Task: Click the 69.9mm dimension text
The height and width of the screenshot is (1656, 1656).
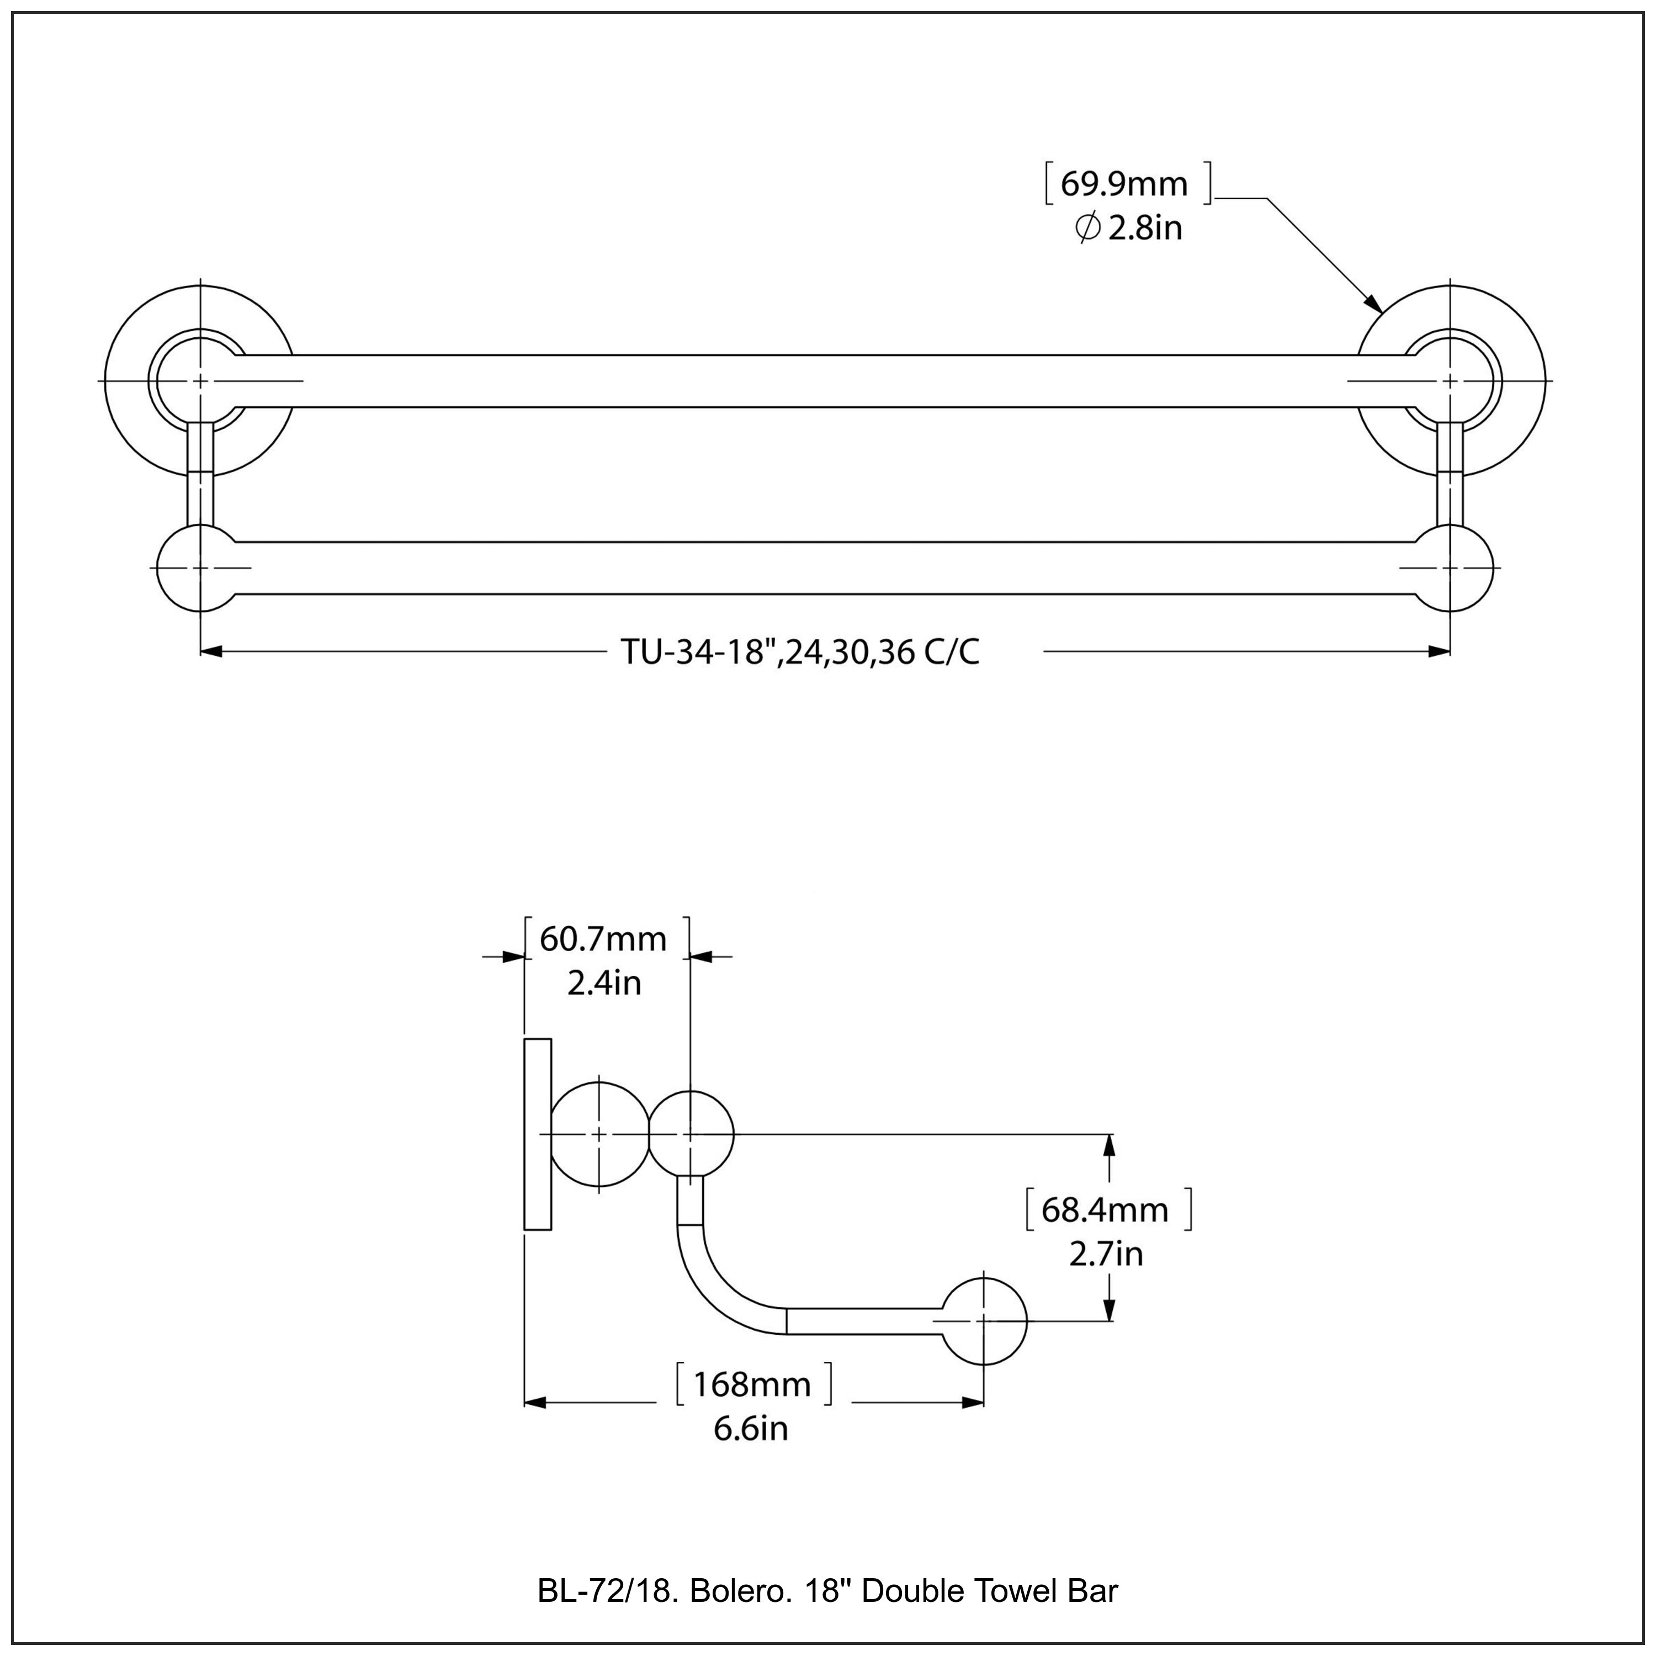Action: coord(1124,184)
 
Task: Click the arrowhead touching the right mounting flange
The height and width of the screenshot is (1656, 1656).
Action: coord(1372,304)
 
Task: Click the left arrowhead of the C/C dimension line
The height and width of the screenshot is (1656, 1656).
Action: coord(212,651)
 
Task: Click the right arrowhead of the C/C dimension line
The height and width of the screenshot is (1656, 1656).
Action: coord(1439,651)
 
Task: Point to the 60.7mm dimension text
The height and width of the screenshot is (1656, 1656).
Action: coord(603,940)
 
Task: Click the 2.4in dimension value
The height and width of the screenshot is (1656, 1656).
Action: coord(604,983)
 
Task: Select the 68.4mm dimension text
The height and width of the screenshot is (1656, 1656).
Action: coord(1105,1209)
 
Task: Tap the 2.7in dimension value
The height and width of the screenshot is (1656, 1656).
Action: coord(1106,1254)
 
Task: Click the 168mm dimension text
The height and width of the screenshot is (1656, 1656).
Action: coord(752,1384)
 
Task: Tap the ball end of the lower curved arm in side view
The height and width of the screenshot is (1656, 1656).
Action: coord(984,1321)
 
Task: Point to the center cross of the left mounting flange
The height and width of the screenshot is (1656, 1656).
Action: coord(200,380)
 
